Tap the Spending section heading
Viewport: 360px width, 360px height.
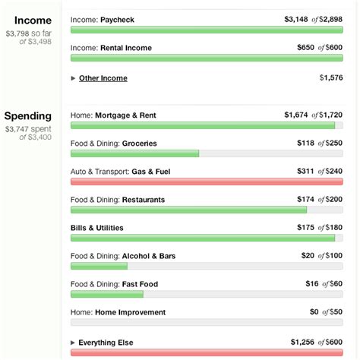coord(28,116)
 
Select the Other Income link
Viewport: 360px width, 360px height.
coord(103,77)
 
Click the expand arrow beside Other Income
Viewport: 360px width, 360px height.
coord(73,77)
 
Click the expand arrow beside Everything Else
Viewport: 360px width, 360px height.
coord(73,342)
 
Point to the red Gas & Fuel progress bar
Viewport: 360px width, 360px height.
coord(207,182)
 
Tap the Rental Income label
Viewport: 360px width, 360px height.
coord(125,48)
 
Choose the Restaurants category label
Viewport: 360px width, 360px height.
coord(143,200)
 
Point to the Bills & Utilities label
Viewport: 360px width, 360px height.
coord(96,228)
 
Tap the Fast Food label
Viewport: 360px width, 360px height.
coord(140,284)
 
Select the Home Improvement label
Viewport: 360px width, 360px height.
coord(129,312)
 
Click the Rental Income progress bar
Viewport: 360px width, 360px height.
coord(207,58)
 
